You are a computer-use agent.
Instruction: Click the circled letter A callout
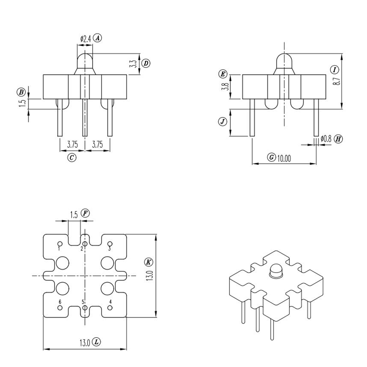[98, 39]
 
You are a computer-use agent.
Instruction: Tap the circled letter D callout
[145, 63]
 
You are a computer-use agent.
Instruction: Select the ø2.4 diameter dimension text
[85, 39]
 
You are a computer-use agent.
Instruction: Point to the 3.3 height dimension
[133, 64]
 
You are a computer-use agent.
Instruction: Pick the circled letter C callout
[72, 157]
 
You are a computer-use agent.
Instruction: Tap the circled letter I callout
[334, 70]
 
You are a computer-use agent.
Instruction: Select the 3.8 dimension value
[223, 87]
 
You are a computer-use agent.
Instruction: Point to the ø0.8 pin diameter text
[326, 138]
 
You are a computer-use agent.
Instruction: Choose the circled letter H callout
[339, 139]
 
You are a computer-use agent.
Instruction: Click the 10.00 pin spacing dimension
[284, 158]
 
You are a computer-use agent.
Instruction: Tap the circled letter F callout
[86, 213]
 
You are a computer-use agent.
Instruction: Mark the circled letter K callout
[148, 262]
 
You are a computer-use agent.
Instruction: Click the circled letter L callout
[96, 342]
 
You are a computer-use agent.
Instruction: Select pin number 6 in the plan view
[60, 302]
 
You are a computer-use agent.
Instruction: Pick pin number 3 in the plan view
[109, 248]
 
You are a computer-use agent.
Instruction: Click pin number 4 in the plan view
[110, 302]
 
